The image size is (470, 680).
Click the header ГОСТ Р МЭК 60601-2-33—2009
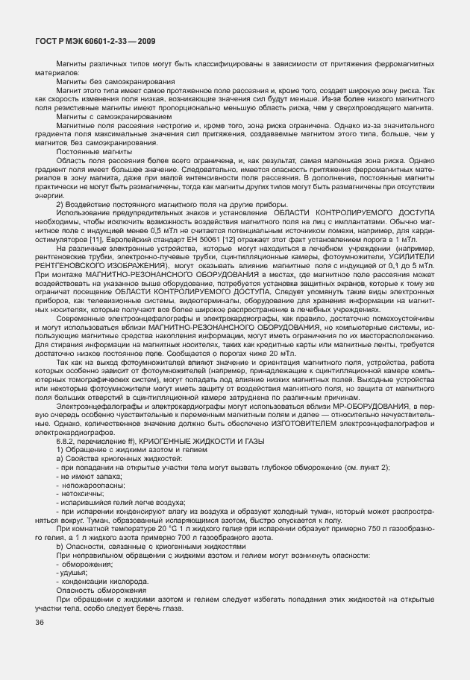pos(95,42)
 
